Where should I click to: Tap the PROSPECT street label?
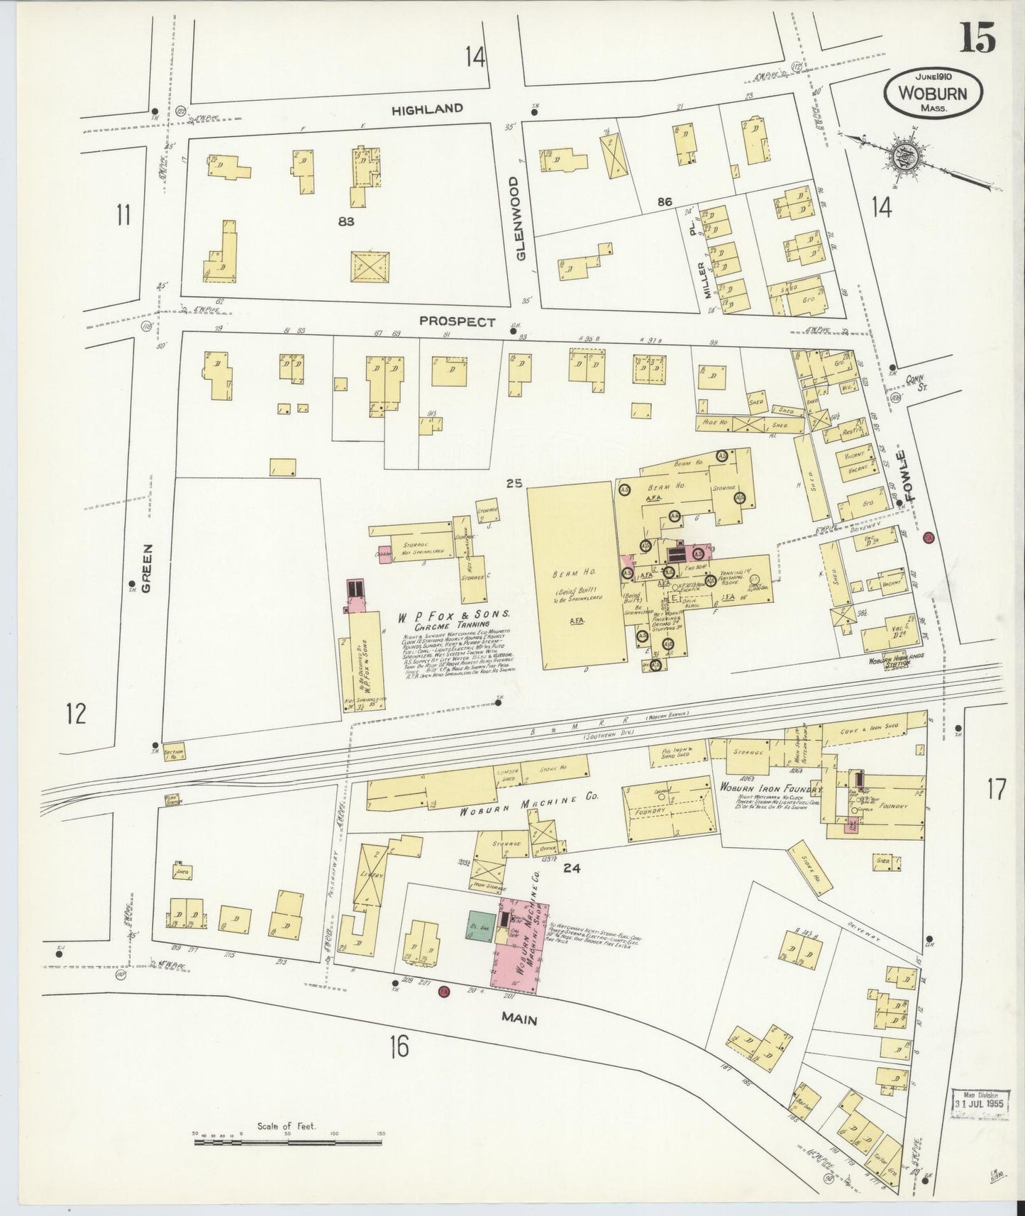457,321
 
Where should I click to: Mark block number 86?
664,202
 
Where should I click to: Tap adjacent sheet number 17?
996,789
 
